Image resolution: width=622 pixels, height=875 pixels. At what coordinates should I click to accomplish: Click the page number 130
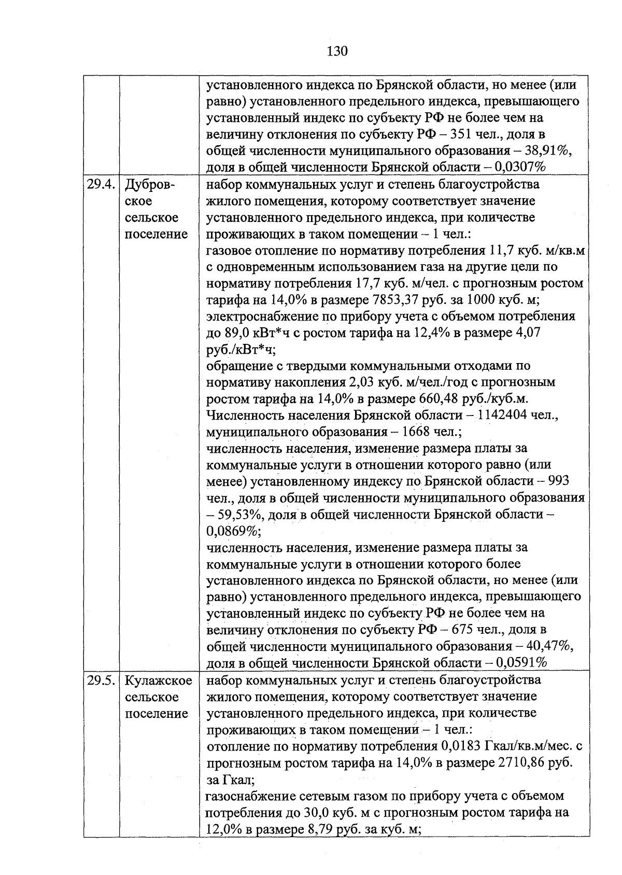[337, 51]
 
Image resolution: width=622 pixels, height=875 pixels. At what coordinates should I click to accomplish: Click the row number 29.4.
[102, 185]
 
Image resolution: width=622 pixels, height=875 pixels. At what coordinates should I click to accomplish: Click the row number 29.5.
[102, 680]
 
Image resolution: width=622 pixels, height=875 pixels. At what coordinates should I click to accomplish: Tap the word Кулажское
[159, 680]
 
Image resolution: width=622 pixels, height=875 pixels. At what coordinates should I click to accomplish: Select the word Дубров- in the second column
[150, 185]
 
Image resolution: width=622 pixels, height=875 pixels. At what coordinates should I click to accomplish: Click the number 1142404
[511, 415]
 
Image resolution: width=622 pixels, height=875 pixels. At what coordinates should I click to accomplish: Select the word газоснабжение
[250, 796]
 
